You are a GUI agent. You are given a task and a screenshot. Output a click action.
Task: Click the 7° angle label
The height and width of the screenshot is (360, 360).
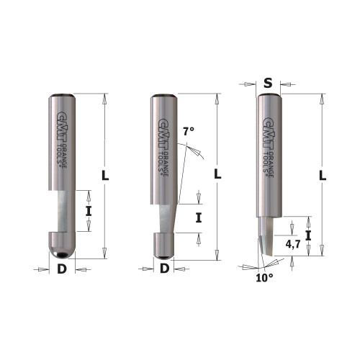(189, 132)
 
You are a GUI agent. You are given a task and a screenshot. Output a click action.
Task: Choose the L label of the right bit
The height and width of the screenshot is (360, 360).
(323, 175)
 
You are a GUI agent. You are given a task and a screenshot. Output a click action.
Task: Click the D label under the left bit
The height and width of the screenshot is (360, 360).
(61, 270)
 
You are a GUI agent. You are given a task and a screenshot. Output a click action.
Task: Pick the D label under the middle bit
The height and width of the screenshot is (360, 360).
(164, 270)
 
